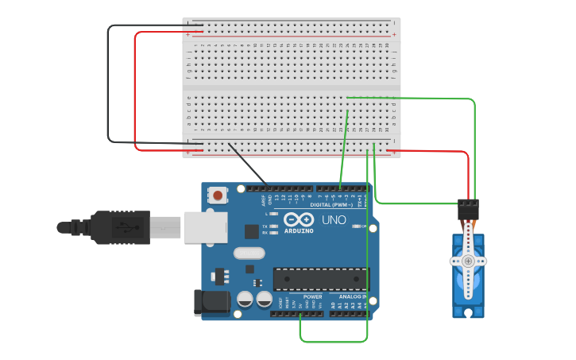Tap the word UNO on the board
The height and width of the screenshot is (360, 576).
point(334,220)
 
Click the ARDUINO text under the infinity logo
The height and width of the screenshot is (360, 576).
point(299,230)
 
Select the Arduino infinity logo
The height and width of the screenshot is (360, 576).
point(299,219)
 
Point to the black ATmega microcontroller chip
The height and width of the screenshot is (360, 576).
point(321,279)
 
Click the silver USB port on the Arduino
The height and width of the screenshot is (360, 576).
point(205,226)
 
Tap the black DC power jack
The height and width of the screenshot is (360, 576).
point(211,302)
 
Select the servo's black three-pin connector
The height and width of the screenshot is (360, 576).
point(469,209)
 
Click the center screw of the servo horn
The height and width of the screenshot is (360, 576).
point(468,261)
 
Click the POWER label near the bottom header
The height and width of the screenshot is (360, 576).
point(312,296)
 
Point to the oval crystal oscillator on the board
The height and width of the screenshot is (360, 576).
point(249,254)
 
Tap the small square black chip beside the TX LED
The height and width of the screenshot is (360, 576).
point(251,231)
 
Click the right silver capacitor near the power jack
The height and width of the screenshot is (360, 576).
point(263,299)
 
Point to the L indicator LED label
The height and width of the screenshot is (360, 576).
point(267,214)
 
